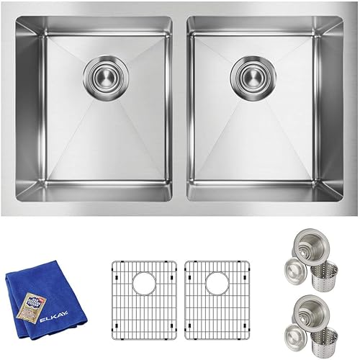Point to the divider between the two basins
click(180, 108)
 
